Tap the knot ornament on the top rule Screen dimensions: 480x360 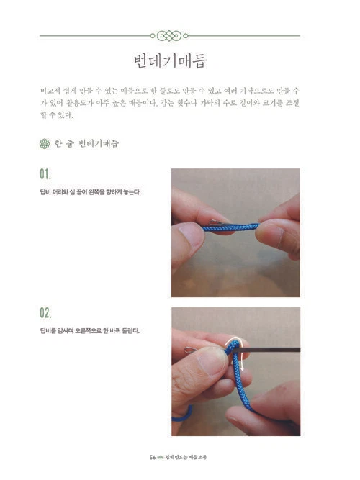pyautogui.click(x=170, y=34)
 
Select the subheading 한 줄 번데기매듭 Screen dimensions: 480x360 pyautogui.click(x=86, y=143)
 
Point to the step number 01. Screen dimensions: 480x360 pyautogui.click(x=45, y=175)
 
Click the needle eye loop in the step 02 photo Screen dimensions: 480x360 pyautogui.click(x=189, y=350)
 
